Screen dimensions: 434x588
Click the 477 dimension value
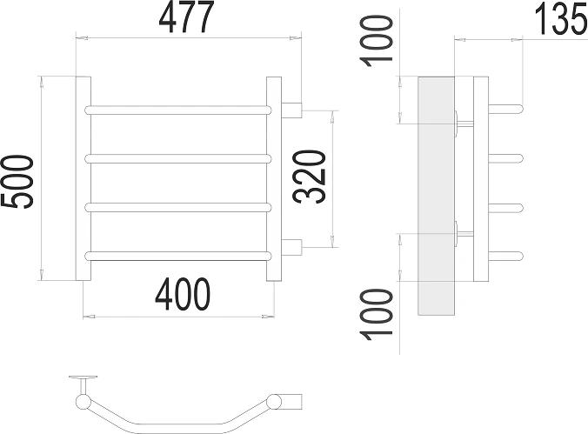pyautogui.click(x=185, y=18)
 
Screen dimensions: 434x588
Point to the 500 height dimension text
pyautogui.click(x=18, y=181)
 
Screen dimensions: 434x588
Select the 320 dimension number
pyautogui.click(x=312, y=177)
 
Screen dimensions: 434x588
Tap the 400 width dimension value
pyautogui.click(x=183, y=297)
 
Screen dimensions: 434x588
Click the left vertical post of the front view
pyautogui.click(x=84, y=178)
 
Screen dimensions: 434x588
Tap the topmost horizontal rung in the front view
pyautogui.click(x=178, y=110)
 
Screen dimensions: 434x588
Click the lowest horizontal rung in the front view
pyautogui.click(x=178, y=255)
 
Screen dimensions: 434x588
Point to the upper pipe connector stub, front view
pyautogui.click(x=292, y=110)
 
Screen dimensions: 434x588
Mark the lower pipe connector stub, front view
pyautogui.click(x=292, y=247)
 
